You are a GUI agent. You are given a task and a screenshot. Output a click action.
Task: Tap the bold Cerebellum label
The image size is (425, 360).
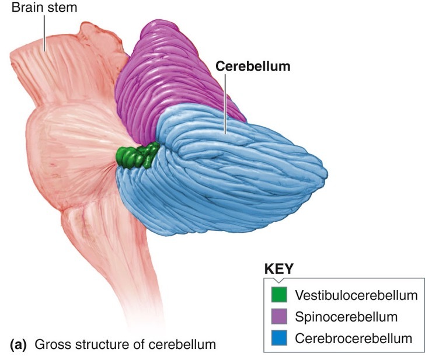pos(253,67)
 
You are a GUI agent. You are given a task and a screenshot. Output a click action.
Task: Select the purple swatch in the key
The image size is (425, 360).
pos(278,317)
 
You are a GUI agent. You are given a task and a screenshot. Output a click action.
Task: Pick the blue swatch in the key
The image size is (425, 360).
pos(278,338)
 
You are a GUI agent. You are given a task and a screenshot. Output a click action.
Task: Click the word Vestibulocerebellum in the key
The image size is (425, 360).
pos(356,295)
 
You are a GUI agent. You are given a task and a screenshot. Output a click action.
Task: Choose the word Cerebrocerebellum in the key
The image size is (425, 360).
pos(354,338)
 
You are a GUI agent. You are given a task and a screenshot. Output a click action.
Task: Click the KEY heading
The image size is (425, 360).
pos(279,270)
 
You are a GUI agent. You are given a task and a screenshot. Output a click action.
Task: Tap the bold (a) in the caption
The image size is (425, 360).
pos(19,344)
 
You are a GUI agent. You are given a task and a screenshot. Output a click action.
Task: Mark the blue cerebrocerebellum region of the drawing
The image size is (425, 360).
pos(245,175)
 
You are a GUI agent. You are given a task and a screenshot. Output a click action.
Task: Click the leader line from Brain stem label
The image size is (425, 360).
pos(44,32)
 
